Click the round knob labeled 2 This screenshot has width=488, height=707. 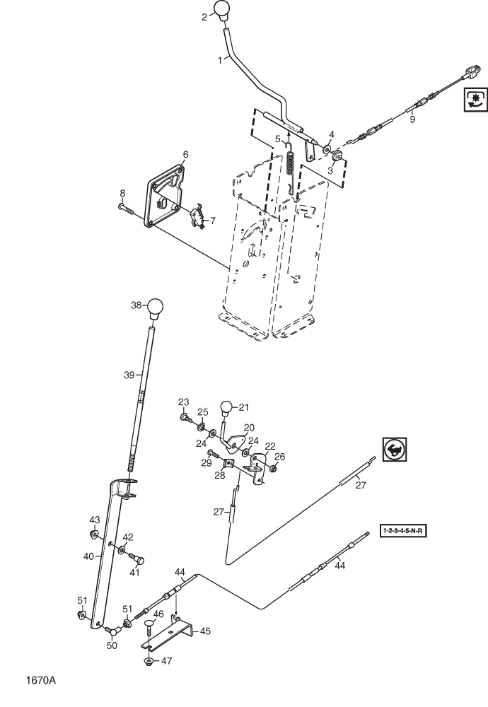point(221,10)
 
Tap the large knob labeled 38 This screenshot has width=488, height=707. point(155,309)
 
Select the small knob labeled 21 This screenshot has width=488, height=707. point(226,408)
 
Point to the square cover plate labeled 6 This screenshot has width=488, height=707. point(165,196)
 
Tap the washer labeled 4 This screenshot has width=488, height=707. point(326,148)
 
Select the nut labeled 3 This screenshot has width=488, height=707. point(338,157)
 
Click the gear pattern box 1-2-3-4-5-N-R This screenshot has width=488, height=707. point(402,530)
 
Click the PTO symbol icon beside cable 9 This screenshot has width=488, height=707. point(475,100)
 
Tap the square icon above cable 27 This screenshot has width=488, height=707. point(395,449)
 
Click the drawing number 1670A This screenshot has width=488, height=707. point(41,680)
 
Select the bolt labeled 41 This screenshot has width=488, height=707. point(136,559)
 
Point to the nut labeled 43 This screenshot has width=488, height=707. point(94,534)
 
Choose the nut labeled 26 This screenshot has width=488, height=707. point(273,469)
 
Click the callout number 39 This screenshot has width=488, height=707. point(129,375)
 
